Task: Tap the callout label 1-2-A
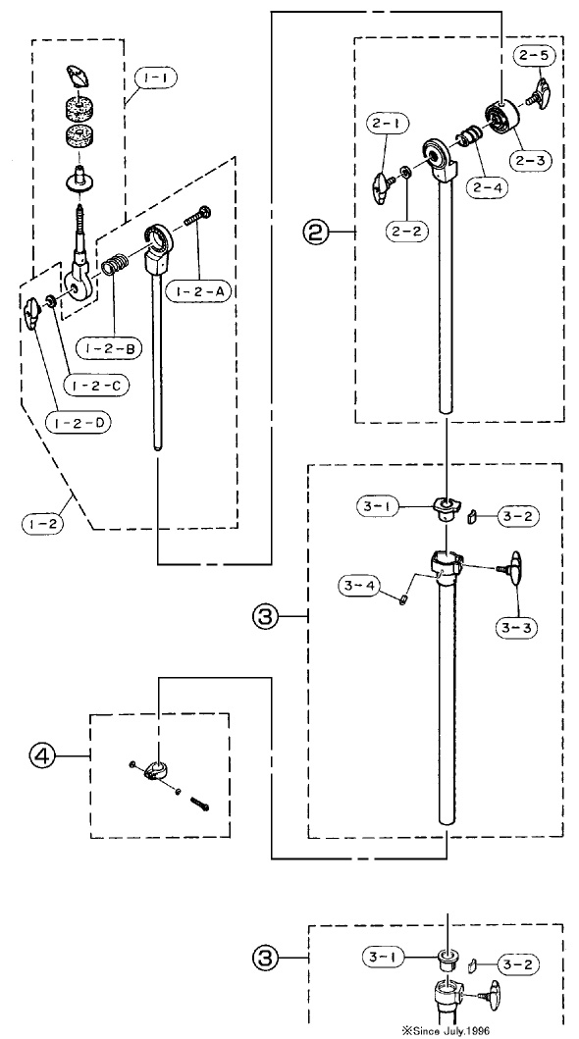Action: [197, 290]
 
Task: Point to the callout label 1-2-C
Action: [93, 385]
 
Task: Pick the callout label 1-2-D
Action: [79, 422]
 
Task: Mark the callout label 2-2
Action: [406, 231]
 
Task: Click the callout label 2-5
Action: [533, 56]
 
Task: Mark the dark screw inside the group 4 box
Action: [200, 804]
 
